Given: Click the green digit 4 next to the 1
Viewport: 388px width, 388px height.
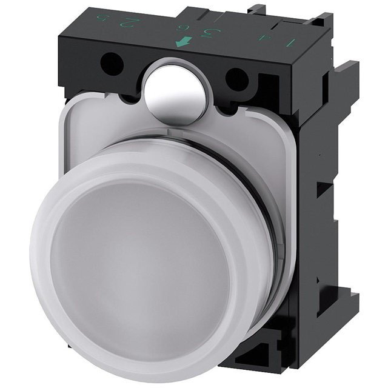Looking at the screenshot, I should (x=263, y=38).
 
